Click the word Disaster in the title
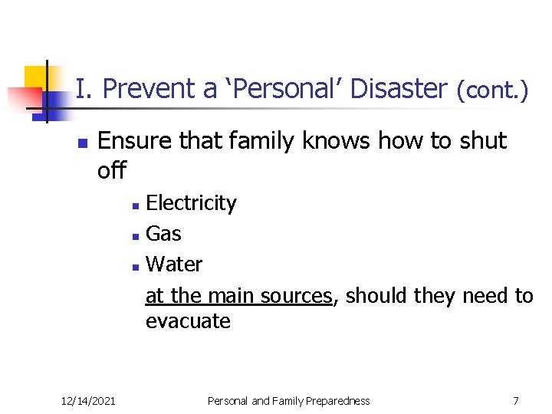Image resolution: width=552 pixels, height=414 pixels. [x=398, y=89]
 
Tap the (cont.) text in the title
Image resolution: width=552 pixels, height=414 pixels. [x=492, y=90]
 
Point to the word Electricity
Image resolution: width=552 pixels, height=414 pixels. [x=191, y=203]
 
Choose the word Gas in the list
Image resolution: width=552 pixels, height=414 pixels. [x=163, y=234]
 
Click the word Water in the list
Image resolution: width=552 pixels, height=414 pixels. [x=174, y=264]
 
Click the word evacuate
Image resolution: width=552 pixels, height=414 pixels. [x=188, y=321]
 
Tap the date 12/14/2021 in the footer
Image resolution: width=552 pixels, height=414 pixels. [x=88, y=401]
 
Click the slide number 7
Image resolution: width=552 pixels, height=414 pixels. [x=516, y=401]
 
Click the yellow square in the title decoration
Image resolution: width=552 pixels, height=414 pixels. [x=37, y=77]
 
